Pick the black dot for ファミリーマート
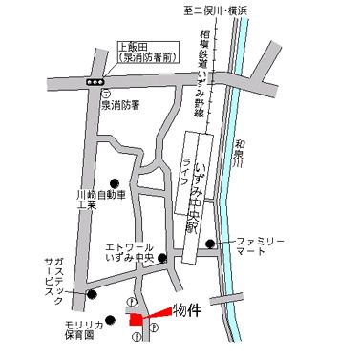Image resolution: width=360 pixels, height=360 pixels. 222,243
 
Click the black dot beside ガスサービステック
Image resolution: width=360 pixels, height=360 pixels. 92,293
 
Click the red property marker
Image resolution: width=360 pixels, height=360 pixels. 141,318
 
